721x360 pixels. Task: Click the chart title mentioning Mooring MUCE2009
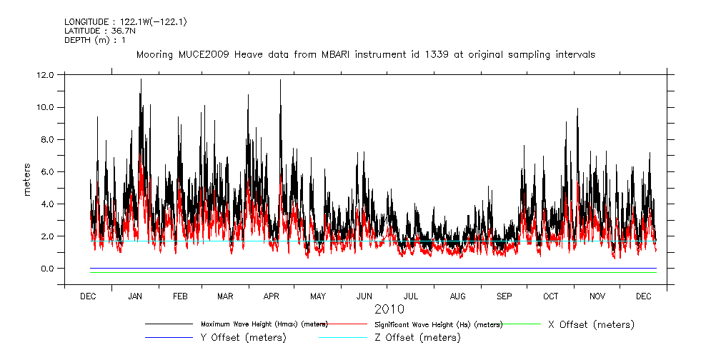click(x=365, y=54)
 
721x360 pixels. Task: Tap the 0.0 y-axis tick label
click(x=47, y=269)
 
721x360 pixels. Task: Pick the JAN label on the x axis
click(x=134, y=296)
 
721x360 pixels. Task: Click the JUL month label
click(x=411, y=296)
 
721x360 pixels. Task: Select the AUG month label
click(x=457, y=296)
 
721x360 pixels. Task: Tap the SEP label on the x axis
click(x=504, y=296)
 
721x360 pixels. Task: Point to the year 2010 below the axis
click(x=389, y=309)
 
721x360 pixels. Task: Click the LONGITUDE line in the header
click(x=125, y=22)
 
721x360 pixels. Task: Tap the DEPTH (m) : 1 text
click(x=95, y=41)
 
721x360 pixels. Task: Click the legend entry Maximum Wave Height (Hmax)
click(x=264, y=324)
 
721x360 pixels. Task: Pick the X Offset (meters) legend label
click(x=591, y=324)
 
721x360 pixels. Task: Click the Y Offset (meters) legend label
click(x=244, y=337)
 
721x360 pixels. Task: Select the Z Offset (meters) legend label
click(x=418, y=337)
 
